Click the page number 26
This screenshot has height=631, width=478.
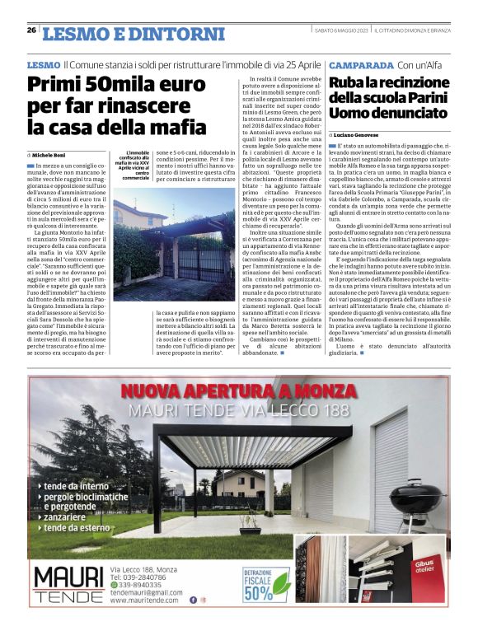tap(31, 30)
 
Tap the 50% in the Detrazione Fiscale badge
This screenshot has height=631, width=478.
tap(257, 592)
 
